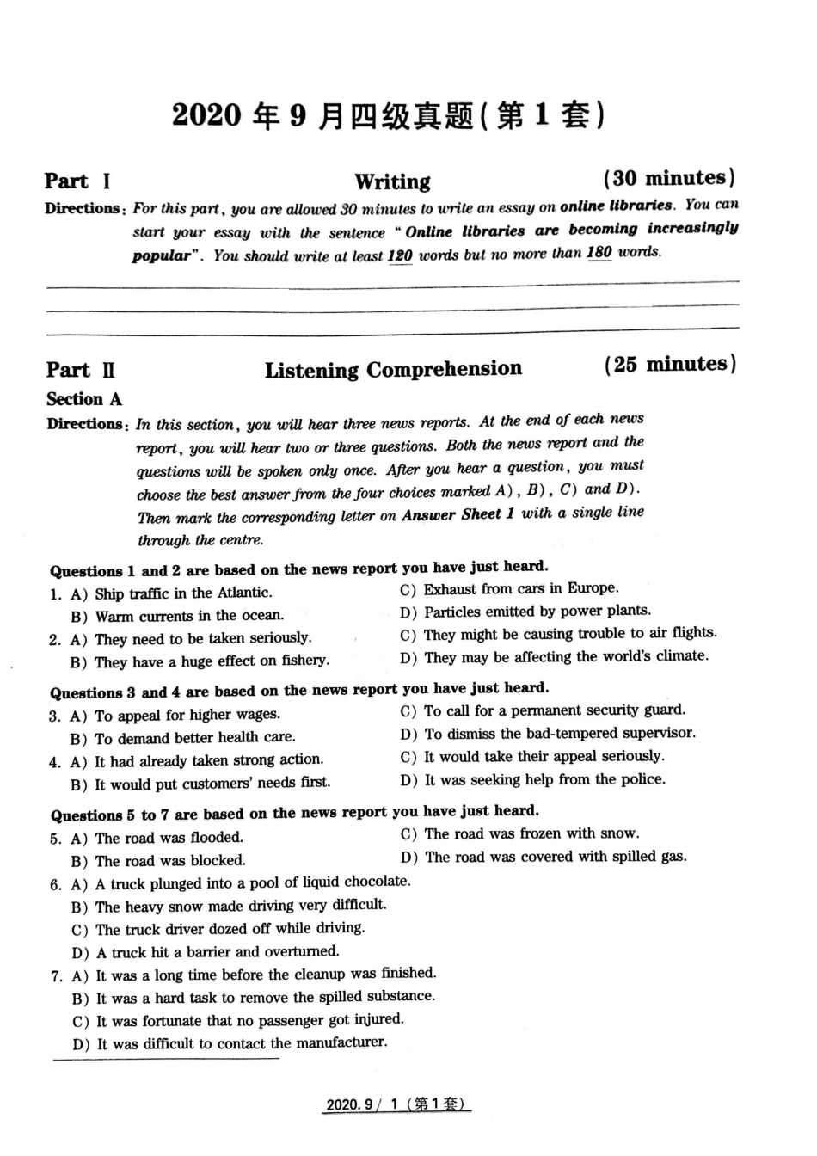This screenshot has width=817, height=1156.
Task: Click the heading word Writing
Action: click(392, 181)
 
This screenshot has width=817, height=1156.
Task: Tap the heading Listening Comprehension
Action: click(393, 370)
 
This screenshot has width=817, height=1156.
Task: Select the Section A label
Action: click(84, 399)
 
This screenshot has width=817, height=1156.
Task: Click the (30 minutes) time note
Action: click(669, 178)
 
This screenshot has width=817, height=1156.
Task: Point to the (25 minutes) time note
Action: click(670, 364)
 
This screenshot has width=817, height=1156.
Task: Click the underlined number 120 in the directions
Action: click(400, 255)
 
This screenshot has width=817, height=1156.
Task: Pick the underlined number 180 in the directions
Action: click(599, 253)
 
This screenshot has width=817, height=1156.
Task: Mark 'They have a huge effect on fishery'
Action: click(212, 661)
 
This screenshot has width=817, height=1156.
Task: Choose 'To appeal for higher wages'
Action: click(187, 715)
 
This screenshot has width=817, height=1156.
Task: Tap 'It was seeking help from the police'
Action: click(544, 780)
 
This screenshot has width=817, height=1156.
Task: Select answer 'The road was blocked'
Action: click(170, 860)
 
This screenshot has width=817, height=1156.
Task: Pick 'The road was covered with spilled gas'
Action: click(555, 857)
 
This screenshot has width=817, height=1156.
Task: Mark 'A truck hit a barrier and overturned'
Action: click(218, 951)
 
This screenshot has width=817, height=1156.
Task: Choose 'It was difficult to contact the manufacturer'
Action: click(242, 1043)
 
